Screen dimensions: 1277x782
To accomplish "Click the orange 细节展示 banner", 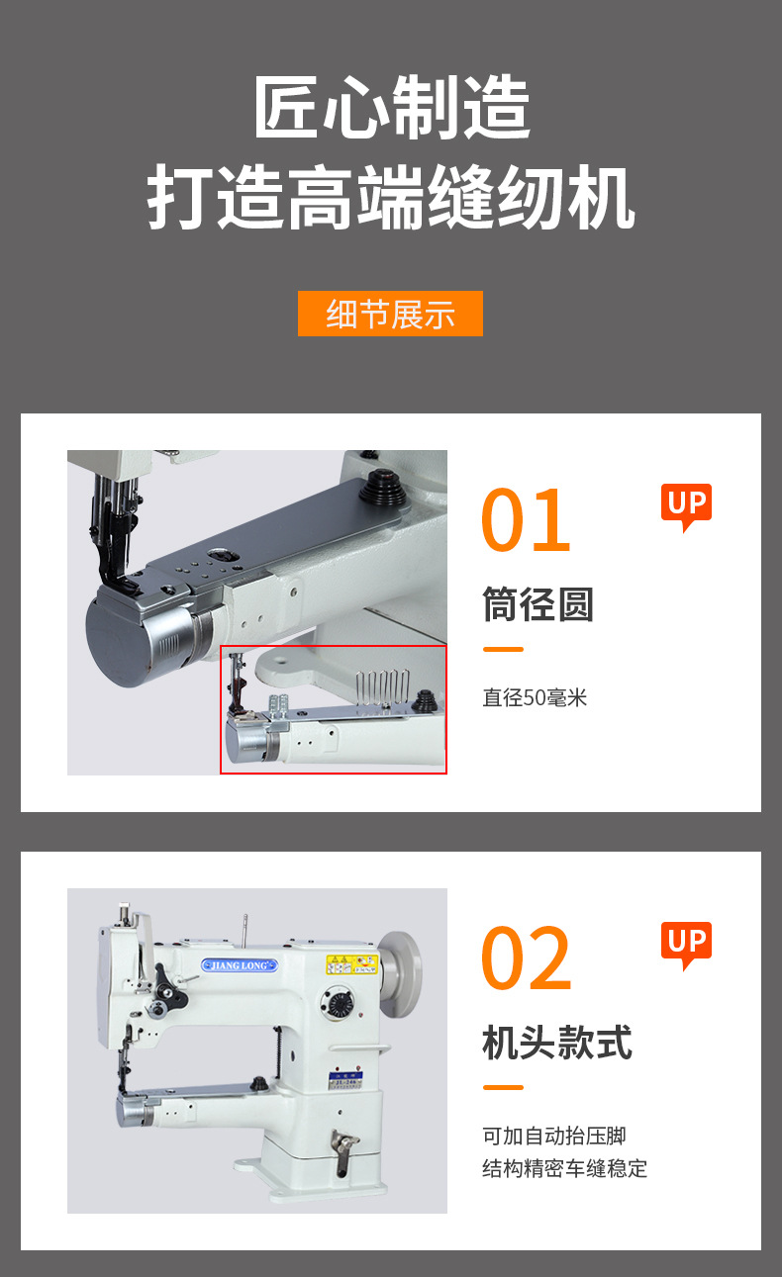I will click(390, 314).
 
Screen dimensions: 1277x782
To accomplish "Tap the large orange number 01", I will click(526, 520).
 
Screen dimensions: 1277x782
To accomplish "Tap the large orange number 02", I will click(526, 958).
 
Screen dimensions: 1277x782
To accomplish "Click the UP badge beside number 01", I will click(686, 505).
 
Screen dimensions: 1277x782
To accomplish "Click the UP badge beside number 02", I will click(686, 944).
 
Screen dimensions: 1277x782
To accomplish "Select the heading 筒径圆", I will click(538, 604).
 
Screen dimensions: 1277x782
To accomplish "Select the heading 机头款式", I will click(556, 1043).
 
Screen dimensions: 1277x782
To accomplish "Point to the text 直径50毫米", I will click(535, 697).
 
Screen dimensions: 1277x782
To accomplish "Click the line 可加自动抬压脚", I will click(553, 1136).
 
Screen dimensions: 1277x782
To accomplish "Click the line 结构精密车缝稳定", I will click(564, 1168).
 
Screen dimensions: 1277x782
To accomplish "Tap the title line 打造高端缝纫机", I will click(391, 199).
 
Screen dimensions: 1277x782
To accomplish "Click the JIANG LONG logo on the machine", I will click(240, 965).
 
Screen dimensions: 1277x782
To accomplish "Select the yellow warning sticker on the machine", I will click(352, 963).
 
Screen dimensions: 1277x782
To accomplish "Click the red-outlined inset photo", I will click(333, 708).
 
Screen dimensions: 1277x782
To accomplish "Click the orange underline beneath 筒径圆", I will click(503, 650).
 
